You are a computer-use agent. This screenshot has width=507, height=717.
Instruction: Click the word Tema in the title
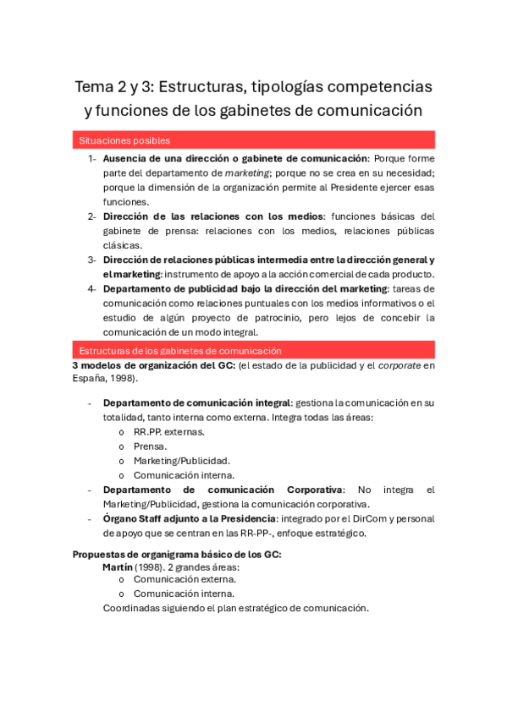(93, 86)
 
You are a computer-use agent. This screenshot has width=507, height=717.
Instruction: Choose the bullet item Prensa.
(150, 446)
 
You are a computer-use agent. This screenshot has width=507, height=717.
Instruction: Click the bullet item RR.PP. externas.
(169, 431)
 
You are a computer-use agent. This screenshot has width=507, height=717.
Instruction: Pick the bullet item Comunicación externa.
(185, 579)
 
